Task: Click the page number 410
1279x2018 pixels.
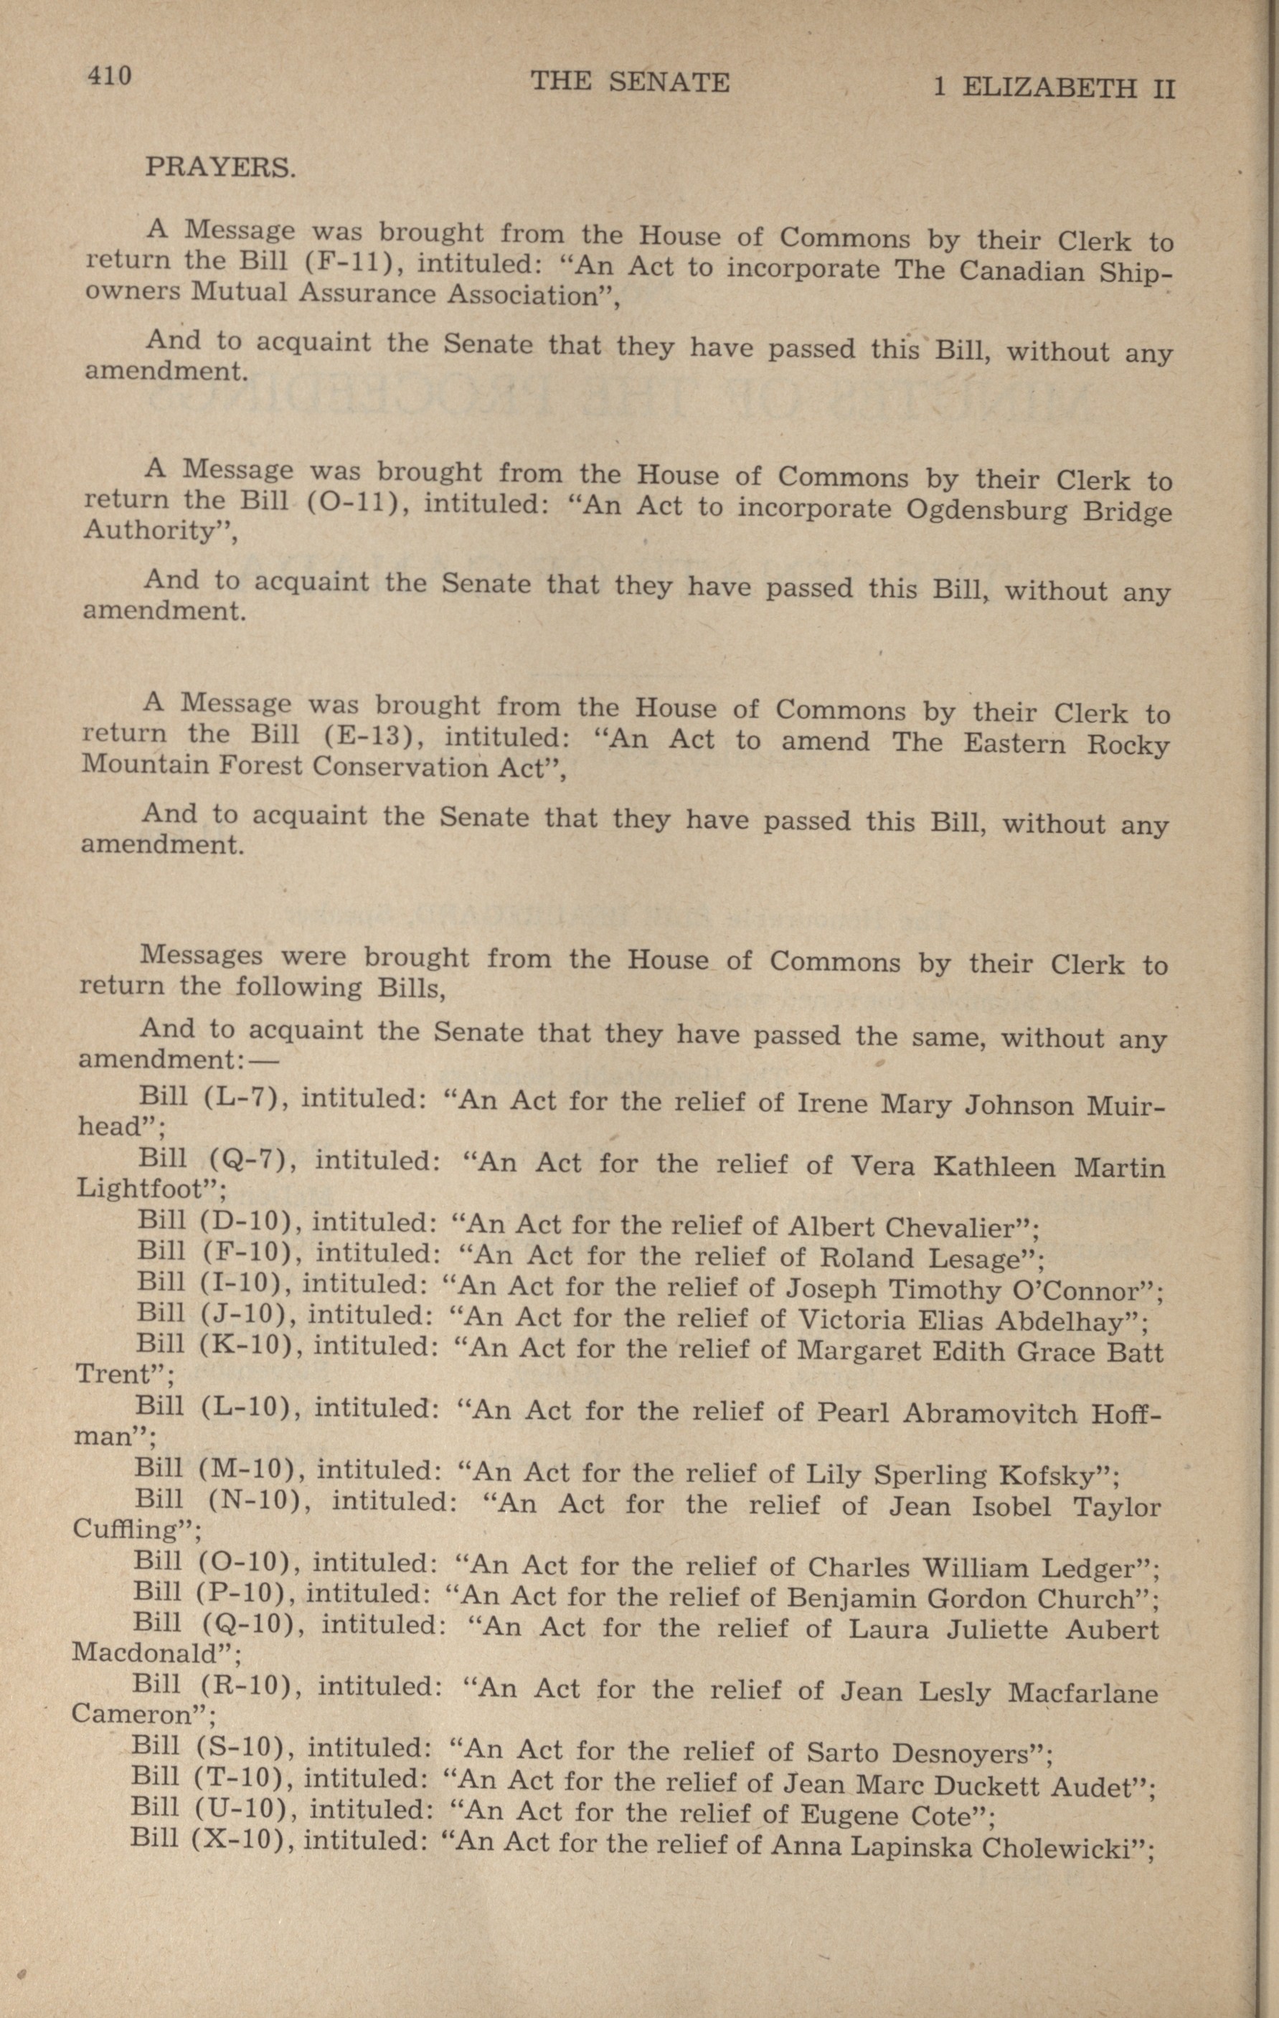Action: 108,76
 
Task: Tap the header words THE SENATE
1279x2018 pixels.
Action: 631,82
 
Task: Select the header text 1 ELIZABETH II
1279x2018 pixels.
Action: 1054,87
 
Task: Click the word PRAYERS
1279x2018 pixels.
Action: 220,166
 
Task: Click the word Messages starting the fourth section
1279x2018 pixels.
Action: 201,956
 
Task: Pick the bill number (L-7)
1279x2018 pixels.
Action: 248,1097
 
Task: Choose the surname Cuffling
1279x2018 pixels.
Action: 133,1529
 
